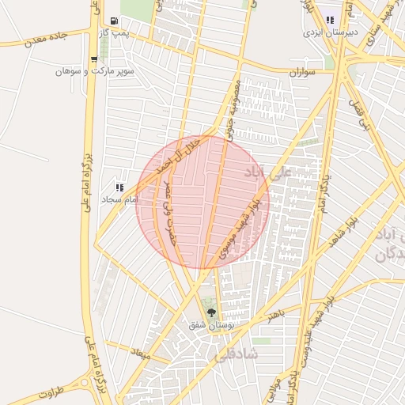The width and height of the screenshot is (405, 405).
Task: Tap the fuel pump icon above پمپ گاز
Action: pyautogui.click(x=115, y=21)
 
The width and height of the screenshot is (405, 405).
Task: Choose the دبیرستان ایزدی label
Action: pyautogui.click(x=330, y=34)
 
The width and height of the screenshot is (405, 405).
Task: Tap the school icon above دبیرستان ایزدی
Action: pyautogui.click(x=330, y=21)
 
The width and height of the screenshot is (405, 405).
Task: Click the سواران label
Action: pyautogui.click(x=303, y=72)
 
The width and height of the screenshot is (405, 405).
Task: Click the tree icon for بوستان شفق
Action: pyautogui.click(x=210, y=311)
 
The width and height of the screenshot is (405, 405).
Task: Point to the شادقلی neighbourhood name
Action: pyautogui.click(x=252, y=354)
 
